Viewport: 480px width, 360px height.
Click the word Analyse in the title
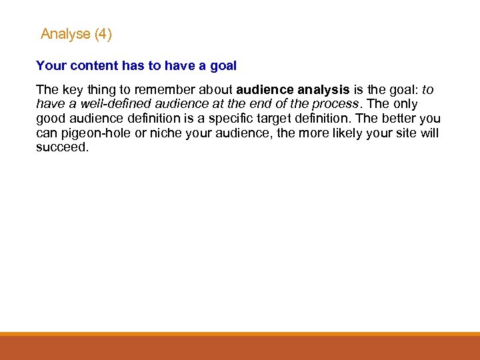click(x=65, y=34)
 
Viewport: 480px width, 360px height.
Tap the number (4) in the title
click(x=103, y=34)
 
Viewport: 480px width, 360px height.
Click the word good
click(x=51, y=119)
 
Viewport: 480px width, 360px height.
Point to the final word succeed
click(x=61, y=148)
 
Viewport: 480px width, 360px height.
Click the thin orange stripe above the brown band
click(x=240, y=334)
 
